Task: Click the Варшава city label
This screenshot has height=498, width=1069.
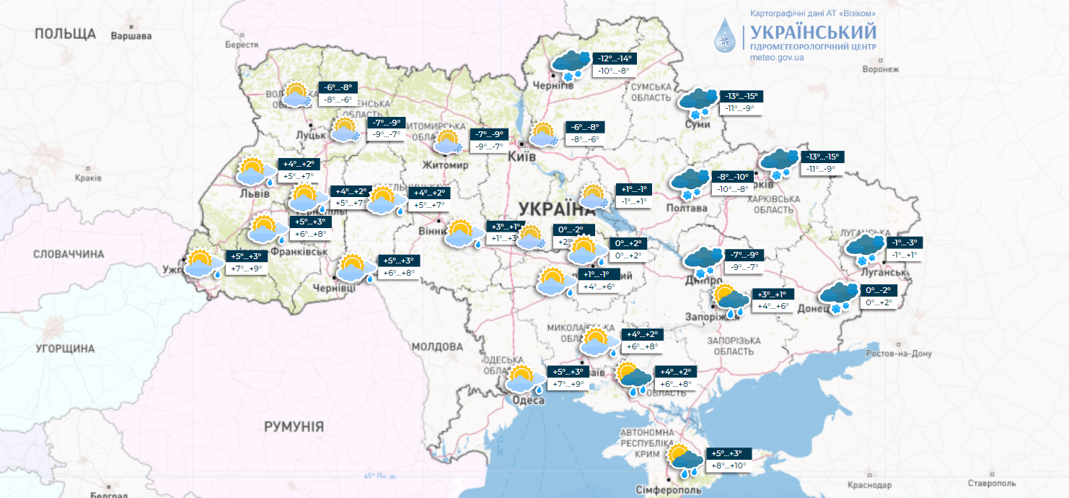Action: [x=131, y=35]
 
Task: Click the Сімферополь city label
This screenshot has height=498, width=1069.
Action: [x=668, y=490]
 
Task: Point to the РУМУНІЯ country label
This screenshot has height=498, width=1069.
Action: [x=294, y=427]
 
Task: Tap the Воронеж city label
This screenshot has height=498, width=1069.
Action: [x=881, y=69]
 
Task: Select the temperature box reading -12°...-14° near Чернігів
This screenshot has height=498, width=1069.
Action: [x=614, y=58]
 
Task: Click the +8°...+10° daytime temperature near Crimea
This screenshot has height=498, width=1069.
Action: [x=729, y=466]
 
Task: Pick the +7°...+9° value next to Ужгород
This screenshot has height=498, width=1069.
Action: [x=246, y=268]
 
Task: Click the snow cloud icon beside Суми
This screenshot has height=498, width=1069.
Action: [x=698, y=103]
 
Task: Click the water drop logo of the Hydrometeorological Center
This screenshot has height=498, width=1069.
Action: [x=726, y=35]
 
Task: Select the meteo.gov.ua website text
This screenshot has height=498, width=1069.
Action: [x=778, y=57]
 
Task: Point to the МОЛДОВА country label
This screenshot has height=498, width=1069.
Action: [x=437, y=347]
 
